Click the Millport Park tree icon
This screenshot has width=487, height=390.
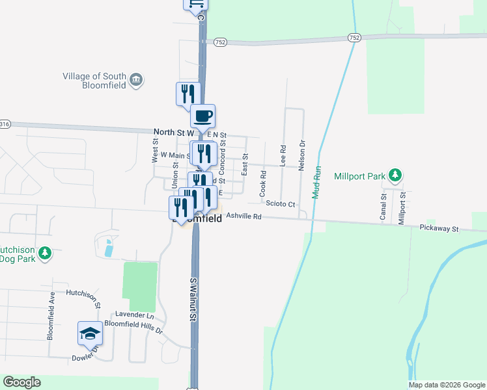(395, 175)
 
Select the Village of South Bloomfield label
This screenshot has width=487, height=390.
(95, 81)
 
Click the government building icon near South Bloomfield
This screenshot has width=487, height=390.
(137, 80)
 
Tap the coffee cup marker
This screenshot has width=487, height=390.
(202, 116)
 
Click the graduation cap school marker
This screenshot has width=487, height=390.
(90, 333)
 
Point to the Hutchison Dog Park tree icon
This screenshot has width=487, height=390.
(44, 253)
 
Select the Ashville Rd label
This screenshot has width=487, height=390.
(244, 216)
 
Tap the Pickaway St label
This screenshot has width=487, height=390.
(439, 228)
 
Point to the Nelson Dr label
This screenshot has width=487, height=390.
(301, 156)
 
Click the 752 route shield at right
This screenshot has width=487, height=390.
(354, 38)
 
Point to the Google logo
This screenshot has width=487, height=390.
(21, 382)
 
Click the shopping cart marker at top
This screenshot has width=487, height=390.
(196, 5)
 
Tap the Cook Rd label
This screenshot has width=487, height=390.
(263, 184)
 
